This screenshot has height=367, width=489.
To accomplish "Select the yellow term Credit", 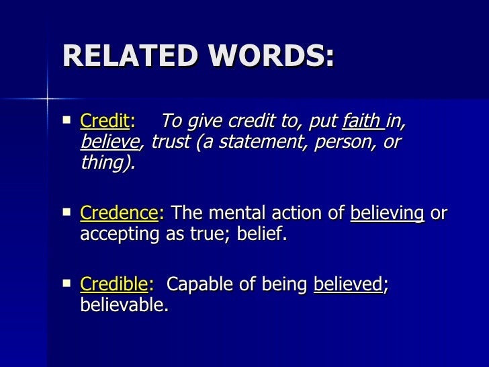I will tap(104, 122).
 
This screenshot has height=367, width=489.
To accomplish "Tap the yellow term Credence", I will tap(118, 214).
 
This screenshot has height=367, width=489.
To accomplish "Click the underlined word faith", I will tap(361, 122).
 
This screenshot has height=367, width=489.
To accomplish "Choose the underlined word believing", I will tap(388, 214).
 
